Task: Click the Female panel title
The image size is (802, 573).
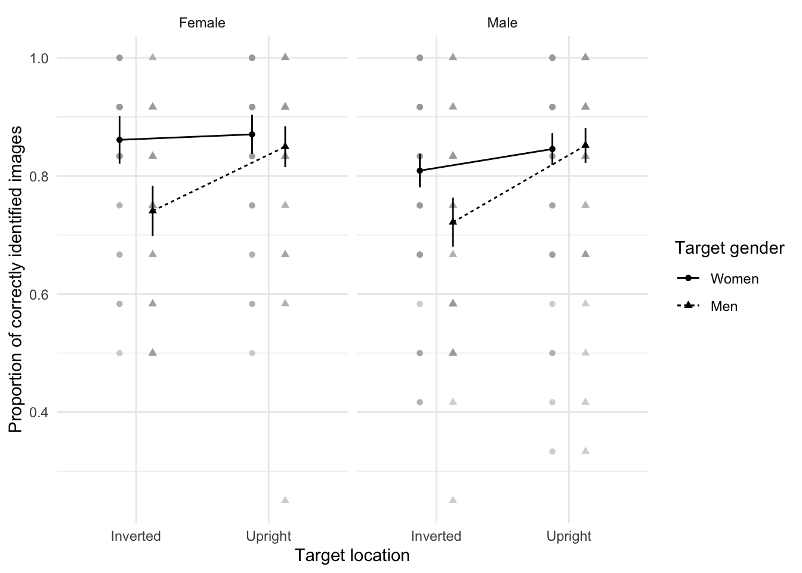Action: (202, 23)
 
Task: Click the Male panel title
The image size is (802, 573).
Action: (502, 23)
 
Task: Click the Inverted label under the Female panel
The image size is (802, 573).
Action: (136, 536)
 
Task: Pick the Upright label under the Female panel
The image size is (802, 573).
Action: (269, 536)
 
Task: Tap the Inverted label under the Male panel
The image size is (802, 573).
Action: (436, 536)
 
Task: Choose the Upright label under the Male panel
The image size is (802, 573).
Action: (569, 536)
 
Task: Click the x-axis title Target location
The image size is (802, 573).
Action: (352, 556)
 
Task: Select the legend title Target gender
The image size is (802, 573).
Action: (729, 248)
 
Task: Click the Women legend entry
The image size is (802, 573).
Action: (734, 279)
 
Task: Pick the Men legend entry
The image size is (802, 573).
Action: (724, 306)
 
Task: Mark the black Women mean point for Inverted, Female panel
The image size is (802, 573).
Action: (119, 140)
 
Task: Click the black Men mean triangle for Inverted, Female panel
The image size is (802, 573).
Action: (153, 211)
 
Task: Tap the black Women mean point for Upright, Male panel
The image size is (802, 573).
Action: (552, 149)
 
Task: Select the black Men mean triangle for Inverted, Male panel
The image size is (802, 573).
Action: (453, 222)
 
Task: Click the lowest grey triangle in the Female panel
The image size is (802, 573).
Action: (285, 500)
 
